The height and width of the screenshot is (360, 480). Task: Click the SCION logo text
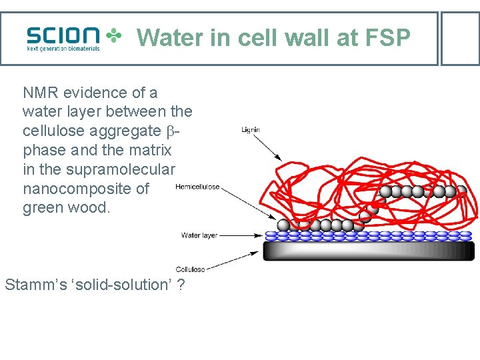coord(63,35)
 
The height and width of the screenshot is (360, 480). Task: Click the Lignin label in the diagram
coord(251,130)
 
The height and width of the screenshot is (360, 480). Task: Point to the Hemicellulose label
coord(197,187)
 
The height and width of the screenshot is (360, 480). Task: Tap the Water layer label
coord(199,235)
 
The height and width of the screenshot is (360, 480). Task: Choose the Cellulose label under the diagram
coord(191,269)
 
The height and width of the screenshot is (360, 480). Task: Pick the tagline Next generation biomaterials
coord(63,48)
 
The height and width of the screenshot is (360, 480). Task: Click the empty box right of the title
coord(460,38)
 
